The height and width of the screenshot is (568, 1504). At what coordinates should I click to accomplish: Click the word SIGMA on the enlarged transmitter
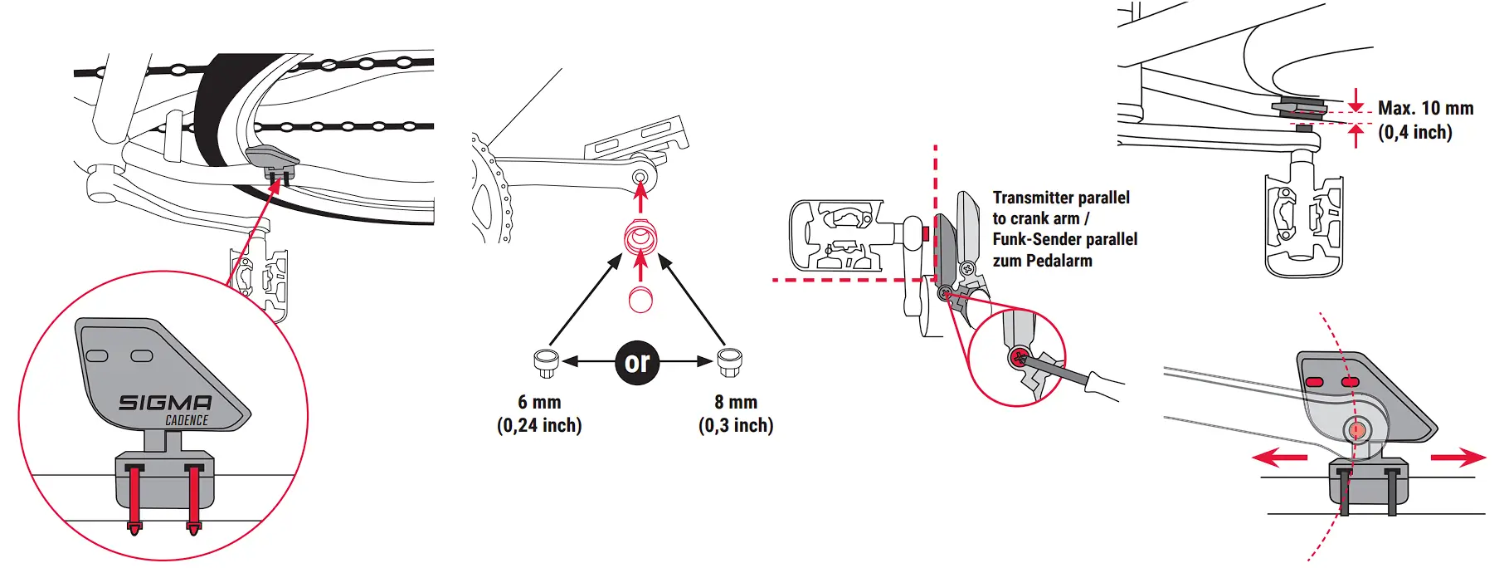pos(165,403)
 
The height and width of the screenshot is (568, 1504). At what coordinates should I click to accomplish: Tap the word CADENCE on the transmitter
pos(187,420)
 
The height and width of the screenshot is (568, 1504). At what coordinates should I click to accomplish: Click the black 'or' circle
pos(637,362)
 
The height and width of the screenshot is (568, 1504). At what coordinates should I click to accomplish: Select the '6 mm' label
pos(539,402)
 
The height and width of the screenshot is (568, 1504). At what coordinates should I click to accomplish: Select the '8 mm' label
pos(736,402)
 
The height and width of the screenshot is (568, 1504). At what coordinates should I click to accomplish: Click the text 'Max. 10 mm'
pos(1425,108)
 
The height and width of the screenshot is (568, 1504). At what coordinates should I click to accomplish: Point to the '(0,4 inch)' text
pos(1415,132)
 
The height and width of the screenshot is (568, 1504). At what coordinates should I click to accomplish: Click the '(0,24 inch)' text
pos(539,425)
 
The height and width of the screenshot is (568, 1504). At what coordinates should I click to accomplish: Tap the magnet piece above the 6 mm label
pos(546,361)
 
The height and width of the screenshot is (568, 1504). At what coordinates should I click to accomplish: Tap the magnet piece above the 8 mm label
pos(728,361)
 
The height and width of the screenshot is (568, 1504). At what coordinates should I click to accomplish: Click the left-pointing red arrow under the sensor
pos(1278,457)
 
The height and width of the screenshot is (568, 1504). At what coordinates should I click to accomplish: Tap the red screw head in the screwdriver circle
pos(1018,359)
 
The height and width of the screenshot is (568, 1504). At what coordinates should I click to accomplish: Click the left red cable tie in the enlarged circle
pos(134,498)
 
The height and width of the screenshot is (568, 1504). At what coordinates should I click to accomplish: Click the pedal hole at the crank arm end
pos(640,177)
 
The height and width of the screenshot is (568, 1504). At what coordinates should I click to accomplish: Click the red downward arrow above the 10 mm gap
pos(1356,100)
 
